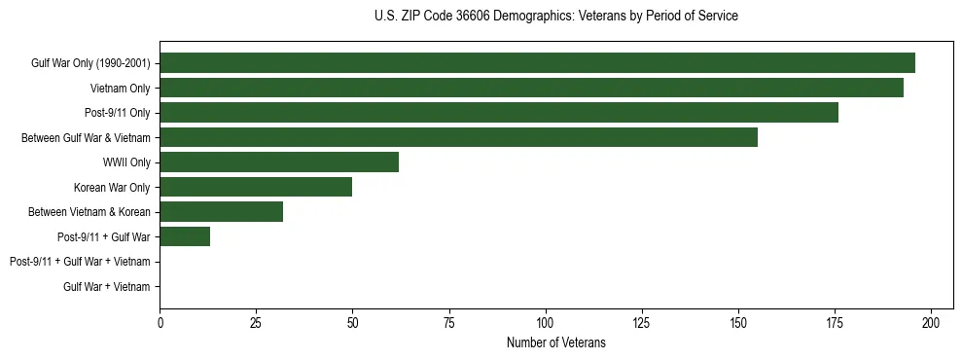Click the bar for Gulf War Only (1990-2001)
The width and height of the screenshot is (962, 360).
tap(537, 63)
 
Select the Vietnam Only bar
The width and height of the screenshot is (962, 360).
tap(531, 88)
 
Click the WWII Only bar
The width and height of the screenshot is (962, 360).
tap(279, 162)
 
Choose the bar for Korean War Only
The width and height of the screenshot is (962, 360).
tap(256, 187)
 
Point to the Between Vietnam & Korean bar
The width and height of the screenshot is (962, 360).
tap(222, 211)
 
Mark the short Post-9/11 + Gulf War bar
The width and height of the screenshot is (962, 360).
tap(185, 236)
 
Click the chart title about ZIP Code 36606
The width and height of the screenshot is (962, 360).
tap(555, 17)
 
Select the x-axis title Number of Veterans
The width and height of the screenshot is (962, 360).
tap(555, 342)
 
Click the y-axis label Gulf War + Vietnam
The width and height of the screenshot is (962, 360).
tap(107, 286)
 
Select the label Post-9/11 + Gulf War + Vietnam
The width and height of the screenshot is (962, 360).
tap(80, 262)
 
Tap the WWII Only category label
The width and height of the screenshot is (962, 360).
tap(126, 162)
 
